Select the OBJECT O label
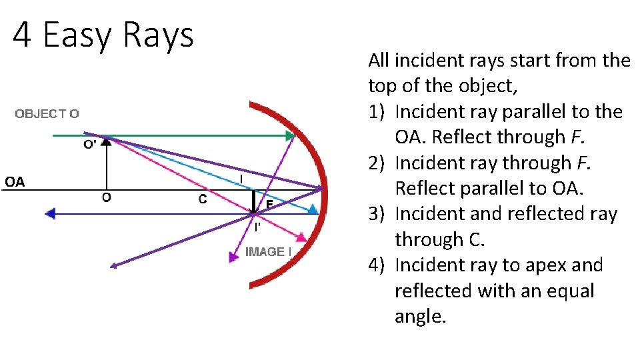point(47,113)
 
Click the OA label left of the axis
point(15,181)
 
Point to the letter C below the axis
point(203,199)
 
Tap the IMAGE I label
point(269,251)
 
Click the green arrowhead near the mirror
point(290,137)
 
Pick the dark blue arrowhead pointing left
point(49,214)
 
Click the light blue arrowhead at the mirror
point(313,209)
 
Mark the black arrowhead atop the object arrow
point(106,142)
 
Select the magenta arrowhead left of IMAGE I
point(233,256)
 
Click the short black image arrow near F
point(253,202)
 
